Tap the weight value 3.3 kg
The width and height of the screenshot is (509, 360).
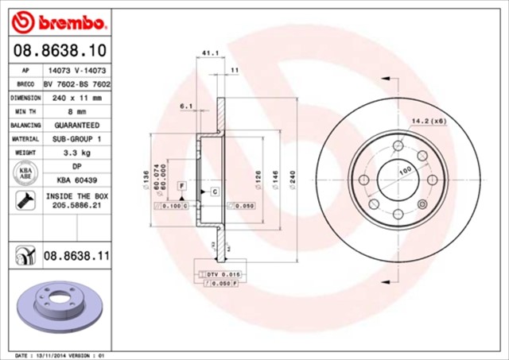[77, 151]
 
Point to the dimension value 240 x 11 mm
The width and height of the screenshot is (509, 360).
[77, 98]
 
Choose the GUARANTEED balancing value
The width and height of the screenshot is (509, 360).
[77, 126]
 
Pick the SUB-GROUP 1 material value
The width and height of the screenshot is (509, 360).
[77, 138]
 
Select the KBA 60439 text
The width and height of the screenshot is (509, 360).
[77, 180]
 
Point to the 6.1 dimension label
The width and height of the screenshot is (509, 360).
[187, 106]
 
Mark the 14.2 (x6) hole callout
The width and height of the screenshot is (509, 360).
[427, 122]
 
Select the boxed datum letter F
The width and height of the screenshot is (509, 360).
[182, 184]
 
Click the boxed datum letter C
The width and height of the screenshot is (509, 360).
[215, 192]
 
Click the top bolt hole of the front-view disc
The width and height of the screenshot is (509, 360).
[398, 145]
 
